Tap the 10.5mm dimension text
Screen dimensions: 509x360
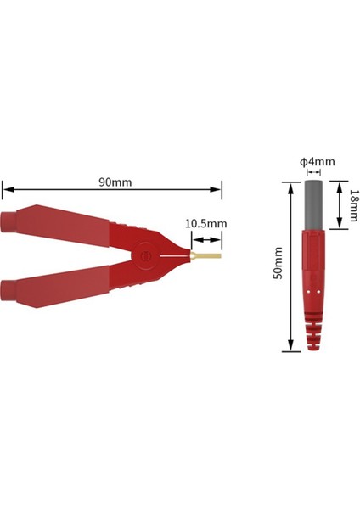point(205,224)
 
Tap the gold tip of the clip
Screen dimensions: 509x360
point(208,255)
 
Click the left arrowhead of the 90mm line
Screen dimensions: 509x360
point(5,190)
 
